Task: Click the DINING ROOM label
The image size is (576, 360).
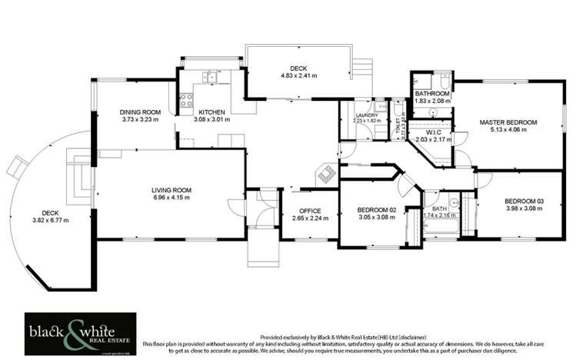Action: point(140,112)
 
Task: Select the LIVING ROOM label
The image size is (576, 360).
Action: point(171,189)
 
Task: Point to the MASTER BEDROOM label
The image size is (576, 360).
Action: point(508,122)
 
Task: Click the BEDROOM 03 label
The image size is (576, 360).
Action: point(519,201)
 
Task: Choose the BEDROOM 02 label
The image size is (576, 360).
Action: point(376,210)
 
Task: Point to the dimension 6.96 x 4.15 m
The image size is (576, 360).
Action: point(171,198)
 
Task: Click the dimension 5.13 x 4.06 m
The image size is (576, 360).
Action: point(508,130)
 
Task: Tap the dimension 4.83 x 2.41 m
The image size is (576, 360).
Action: point(298,76)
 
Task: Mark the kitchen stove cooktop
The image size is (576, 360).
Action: point(185,99)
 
